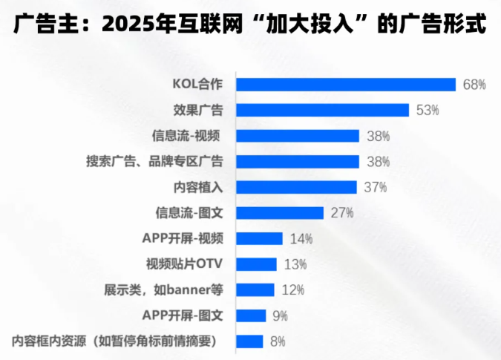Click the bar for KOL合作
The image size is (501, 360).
pos(345,85)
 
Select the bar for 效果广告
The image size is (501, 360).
pos(322,110)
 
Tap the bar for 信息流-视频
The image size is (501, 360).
pos(298,136)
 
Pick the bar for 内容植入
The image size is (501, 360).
pos(296,187)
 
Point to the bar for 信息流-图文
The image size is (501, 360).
pos(280,213)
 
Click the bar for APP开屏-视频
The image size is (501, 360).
pos(259,238)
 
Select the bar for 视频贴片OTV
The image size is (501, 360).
pos(256,264)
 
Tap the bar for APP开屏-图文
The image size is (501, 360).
pos(251,315)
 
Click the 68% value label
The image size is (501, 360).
pos(474,85)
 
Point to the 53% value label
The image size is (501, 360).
pos(428,110)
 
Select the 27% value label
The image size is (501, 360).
pos(341,213)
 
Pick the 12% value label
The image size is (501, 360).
pos(292,289)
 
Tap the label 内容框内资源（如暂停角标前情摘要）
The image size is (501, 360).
pos(118,341)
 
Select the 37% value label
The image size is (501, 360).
pos(375,187)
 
